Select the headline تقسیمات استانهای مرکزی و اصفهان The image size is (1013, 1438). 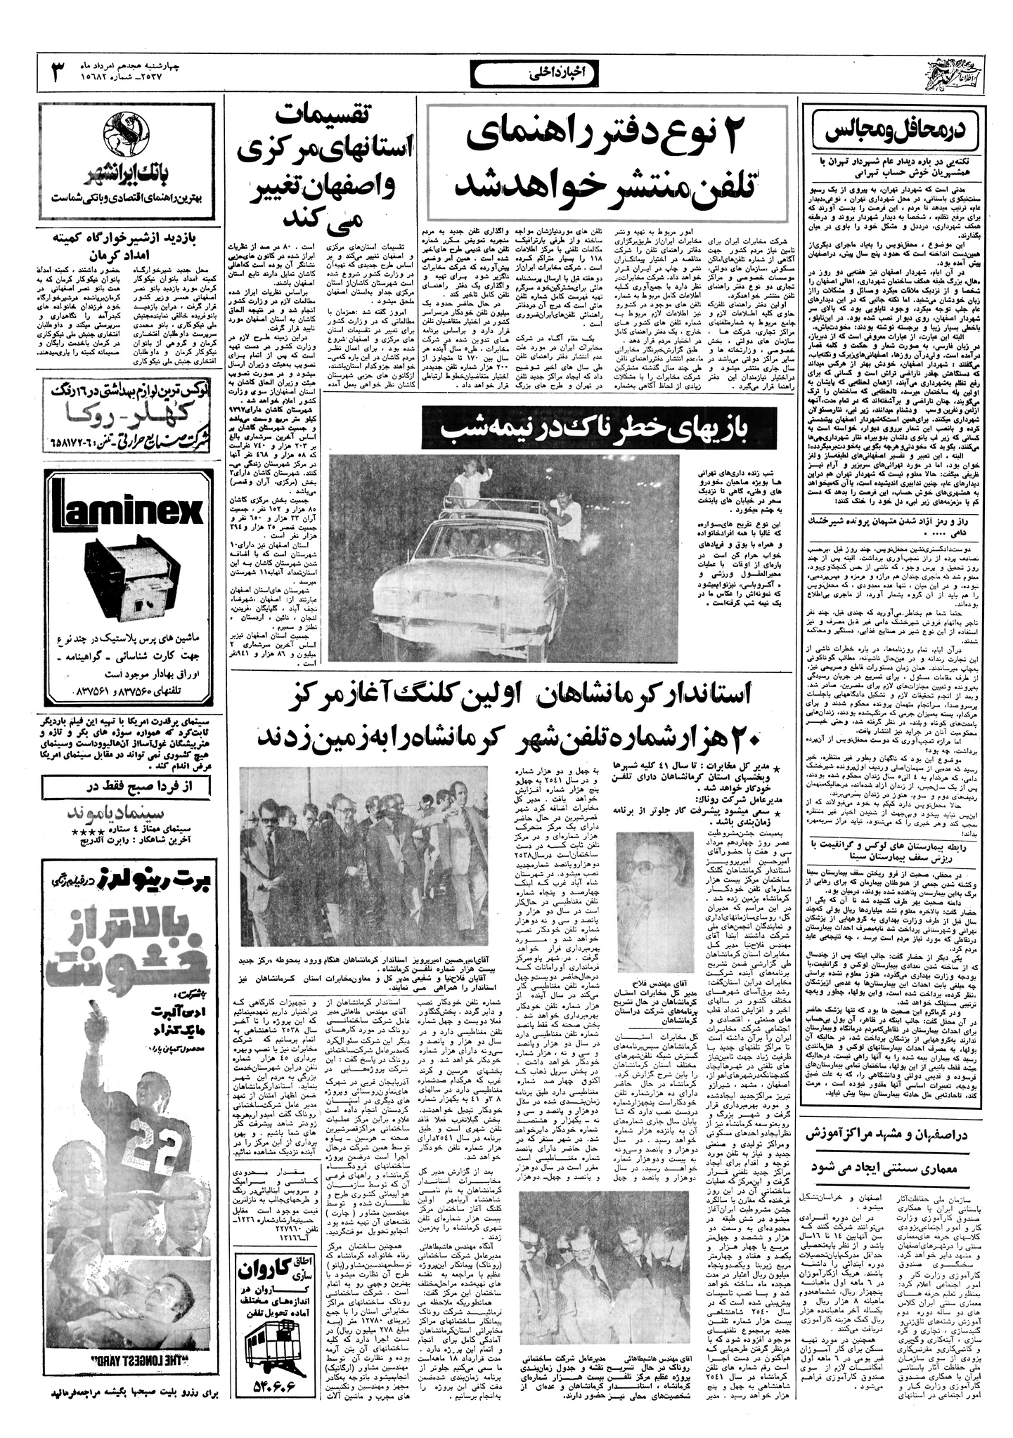[321, 165]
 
